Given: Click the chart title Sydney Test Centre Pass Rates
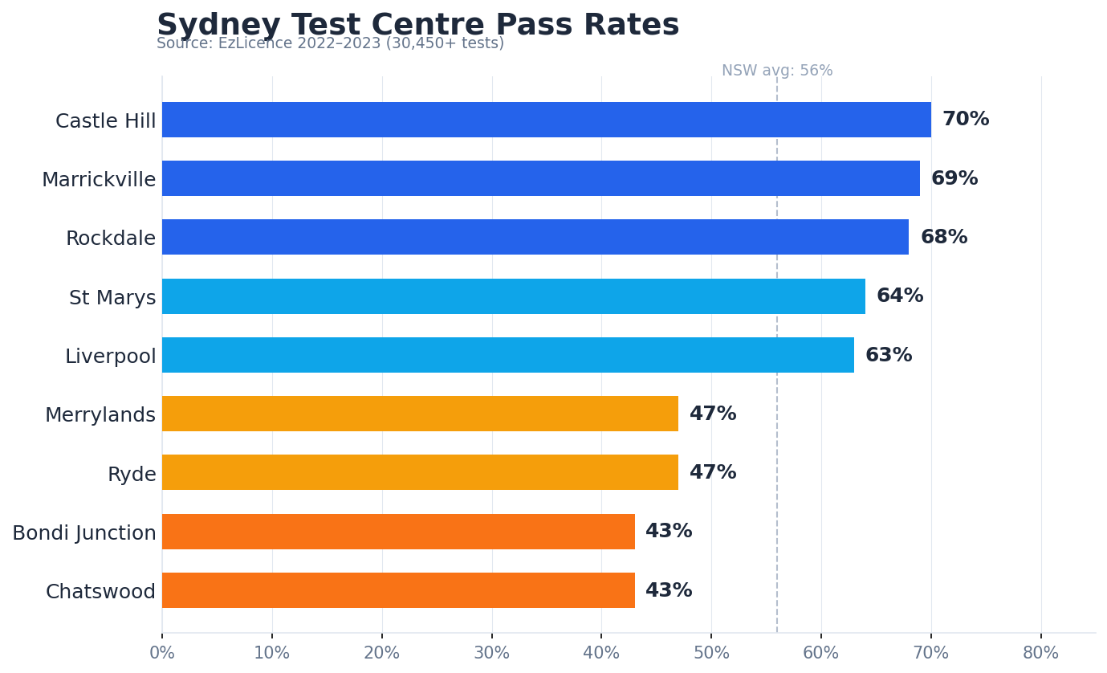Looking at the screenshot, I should click(417, 25).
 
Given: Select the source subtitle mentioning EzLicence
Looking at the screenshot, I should click(330, 44).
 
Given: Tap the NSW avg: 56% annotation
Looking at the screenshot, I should click(776, 71).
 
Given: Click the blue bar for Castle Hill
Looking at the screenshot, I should click(546, 120).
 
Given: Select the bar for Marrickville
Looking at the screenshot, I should click(540, 178).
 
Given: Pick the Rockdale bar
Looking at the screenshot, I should click(535, 237).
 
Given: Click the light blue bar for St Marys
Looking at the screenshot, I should click(513, 296).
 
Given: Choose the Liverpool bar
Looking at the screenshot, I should click(507, 355).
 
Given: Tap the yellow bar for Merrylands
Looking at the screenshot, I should click(420, 414).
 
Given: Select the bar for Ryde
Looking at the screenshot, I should click(420, 472).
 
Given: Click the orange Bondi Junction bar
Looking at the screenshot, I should click(398, 532).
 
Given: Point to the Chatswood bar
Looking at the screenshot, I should click(398, 590).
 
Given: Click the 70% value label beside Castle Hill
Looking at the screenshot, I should click(965, 120).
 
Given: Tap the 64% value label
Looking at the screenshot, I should click(899, 296).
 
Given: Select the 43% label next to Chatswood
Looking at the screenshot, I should click(669, 591).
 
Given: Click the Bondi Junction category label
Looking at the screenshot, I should click(84, 533).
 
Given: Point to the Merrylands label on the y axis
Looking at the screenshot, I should click(100, 415).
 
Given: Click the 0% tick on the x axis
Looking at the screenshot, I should click(162, 654).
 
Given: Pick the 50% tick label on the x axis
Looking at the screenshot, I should click(711, 654).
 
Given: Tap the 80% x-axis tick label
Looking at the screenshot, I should click(1040, 654).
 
